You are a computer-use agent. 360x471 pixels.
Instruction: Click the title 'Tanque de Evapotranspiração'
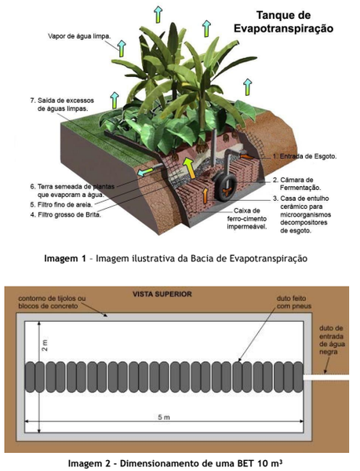point(283,22)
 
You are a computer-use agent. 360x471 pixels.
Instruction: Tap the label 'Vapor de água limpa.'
point(79,36)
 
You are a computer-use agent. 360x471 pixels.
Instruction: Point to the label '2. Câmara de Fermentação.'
point(297,184)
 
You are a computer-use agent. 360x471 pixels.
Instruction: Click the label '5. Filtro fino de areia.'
point(61,205)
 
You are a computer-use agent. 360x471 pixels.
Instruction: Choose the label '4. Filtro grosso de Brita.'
point(65,215)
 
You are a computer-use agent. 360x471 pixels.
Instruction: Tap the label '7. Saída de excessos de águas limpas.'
point(62,104)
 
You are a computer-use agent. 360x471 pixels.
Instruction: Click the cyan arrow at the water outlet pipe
point(144,172)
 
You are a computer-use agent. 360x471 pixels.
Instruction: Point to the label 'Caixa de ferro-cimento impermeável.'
point(247,219)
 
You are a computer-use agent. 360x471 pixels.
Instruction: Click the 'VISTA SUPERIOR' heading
point(162,294)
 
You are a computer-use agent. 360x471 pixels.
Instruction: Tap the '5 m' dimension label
point(164,418)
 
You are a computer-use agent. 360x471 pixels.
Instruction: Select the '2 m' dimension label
point(45,345)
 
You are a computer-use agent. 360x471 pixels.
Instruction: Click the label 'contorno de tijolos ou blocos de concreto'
point(52,302)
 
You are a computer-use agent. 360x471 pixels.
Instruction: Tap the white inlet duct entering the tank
point(326,377)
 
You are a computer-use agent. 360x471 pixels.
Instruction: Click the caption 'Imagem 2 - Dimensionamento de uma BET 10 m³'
point(175,462)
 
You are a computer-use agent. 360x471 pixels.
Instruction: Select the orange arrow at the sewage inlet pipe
point(245,156)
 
